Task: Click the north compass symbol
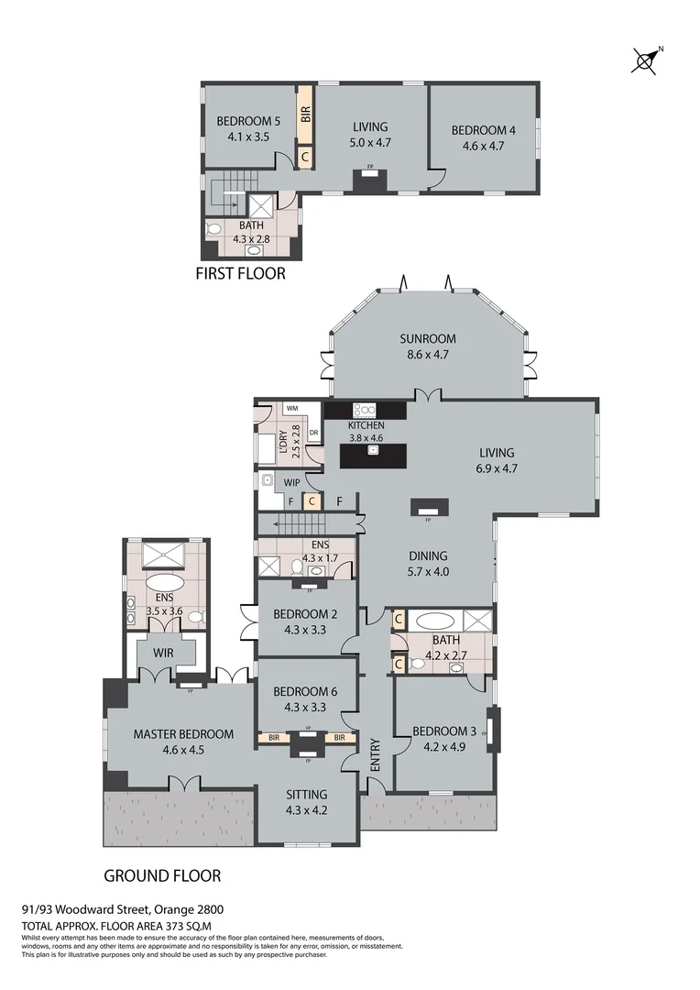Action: tap(648, 61)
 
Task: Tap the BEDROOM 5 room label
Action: tap(248, 121)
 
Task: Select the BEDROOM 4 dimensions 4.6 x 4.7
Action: tap(483, 145)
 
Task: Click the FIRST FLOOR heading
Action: tap(241, 273)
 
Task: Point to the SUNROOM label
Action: tap(427, 339)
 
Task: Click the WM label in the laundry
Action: tap(292, 408)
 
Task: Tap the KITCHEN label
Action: tap(366, 426)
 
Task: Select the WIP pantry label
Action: tap(293, 480)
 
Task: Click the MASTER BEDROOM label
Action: tap(183, 734)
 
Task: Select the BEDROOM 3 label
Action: tap(444, 731)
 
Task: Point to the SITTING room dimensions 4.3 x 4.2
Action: tap(306, 809)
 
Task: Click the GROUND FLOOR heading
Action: tap(162, 875)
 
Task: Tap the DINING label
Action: tap(428, 555)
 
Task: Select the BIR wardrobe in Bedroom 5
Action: tap(306, 115)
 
